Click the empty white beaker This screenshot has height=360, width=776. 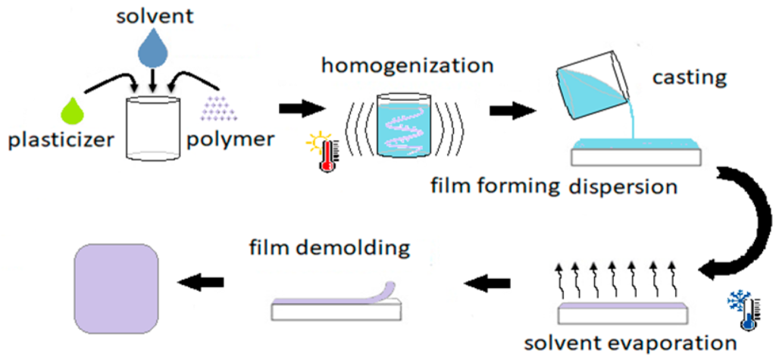click(x=154, y=130)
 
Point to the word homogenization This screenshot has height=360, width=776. click(x=407, y=66)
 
